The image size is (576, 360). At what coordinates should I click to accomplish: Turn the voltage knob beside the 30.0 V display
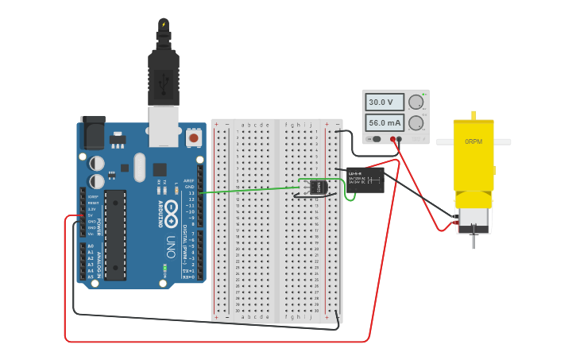tap(416, 102)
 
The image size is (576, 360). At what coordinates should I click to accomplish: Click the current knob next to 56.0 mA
tap(416, 122)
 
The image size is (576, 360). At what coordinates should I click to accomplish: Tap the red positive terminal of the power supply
tap(398, 139)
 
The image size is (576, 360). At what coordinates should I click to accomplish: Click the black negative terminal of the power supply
tap(390, 139)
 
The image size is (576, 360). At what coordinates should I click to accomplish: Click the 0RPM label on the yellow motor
tap(474, 141)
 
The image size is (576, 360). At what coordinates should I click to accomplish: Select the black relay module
tap(365, 180)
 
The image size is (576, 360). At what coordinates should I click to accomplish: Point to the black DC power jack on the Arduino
tap(93, 131)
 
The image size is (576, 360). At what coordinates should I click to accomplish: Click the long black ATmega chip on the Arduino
tap(115, 234)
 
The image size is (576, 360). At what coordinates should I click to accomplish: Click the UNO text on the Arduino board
tap(171, 247)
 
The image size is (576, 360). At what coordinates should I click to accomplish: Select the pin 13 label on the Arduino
tap(191, 193)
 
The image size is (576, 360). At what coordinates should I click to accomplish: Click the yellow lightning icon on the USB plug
tap(164, 25)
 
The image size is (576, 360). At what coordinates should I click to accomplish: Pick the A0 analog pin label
tap(91, 246)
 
